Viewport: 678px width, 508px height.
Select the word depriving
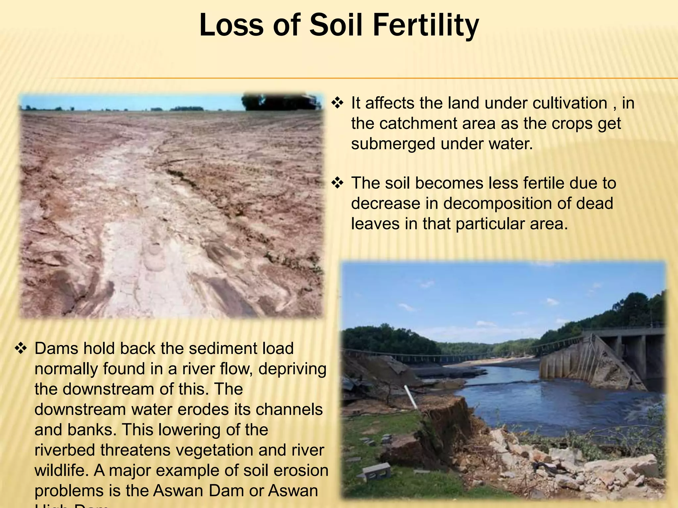point(292,369)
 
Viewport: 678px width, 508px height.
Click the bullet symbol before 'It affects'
point(337,103)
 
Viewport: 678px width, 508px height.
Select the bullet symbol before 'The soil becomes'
point(337,183)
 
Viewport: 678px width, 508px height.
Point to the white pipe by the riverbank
point(410,397)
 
